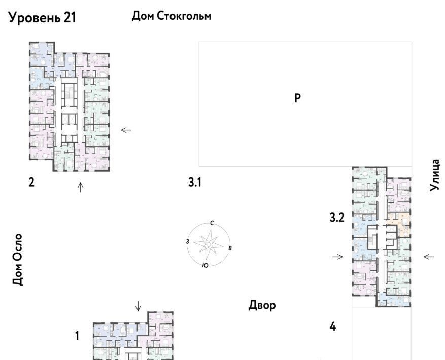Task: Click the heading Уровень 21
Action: (x=42, y=18)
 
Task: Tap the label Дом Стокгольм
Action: (x=172, y=16)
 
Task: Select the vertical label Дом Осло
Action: (x=18, y=259)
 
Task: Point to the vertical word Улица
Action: (x=435, y=175)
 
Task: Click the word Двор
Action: (x=262, y=305)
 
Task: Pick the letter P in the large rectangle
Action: (x=297, y=98)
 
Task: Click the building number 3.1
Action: (x=195, y=182)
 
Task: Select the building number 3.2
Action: (x=337, y=218)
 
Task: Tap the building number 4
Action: (x=333, y=327)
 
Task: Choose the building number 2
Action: (x=31, y=182)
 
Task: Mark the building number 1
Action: (x=77, y=336)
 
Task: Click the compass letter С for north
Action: (x=212, y=223)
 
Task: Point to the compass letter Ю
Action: (x=205, y=265)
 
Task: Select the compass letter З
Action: (x=187, y=242)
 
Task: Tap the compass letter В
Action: (x=230, y=248)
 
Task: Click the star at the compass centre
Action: (x=209, y=244)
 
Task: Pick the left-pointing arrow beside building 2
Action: (x=126, y=130)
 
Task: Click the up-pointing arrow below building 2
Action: (x=81, y=187)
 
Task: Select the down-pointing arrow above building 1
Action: (x=138, y=306)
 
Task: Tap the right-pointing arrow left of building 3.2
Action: (x=338, y=257)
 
